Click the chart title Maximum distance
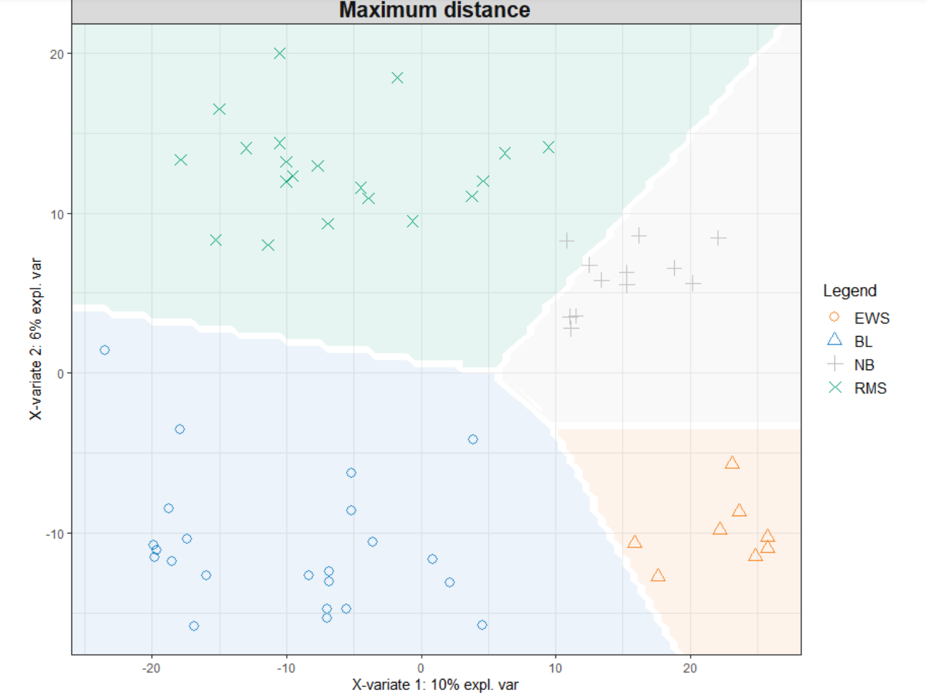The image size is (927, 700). (434, 10)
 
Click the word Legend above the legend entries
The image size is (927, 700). (849, 291)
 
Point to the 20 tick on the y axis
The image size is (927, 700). (57, 54)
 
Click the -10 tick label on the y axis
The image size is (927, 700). (55, 534)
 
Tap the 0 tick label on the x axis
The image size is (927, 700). (421, 668)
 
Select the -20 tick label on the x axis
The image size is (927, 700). (151, 668)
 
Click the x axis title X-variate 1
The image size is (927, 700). (435, 685)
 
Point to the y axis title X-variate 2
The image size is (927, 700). (36, 339)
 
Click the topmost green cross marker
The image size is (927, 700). (280, 53)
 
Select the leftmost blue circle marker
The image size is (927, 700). (104, 350)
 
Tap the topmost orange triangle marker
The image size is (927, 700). (732, 463)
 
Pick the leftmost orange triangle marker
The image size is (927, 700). (634, 542)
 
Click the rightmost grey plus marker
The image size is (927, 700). (718, 238)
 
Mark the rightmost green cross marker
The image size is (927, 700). (549, 147)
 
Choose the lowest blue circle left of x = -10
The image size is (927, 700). (194, 626)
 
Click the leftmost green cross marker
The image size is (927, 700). (181, 160)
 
